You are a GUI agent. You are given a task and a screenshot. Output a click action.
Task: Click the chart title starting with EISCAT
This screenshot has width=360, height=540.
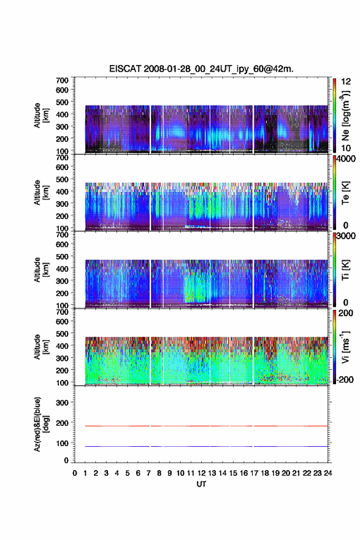[201, 69]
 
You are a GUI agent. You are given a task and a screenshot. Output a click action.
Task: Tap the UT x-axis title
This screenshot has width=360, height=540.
[201, 484]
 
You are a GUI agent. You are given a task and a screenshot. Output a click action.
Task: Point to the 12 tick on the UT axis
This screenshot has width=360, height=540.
[201, 473]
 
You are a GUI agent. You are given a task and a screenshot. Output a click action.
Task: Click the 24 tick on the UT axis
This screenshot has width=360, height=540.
[328, 473]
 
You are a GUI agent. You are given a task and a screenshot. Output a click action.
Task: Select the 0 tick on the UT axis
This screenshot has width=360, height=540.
[75, 473]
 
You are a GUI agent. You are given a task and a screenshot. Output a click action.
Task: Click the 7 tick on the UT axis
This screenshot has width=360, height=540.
[148, 473]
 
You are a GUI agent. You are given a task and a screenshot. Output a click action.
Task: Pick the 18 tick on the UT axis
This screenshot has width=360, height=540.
[265, 473]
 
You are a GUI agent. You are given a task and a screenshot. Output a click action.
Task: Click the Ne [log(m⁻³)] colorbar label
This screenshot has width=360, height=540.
[345, 116]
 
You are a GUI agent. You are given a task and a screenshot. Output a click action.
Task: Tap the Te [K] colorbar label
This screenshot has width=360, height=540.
[345, 193]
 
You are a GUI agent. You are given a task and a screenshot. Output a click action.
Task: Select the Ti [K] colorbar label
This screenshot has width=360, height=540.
[345, 270]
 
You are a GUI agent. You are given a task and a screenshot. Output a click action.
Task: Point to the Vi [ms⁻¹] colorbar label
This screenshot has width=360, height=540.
[345, 347]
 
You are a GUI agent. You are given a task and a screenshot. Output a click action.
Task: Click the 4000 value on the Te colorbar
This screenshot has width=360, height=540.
[346, 159]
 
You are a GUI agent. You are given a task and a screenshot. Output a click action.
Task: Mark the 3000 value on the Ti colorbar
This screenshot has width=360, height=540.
[346, 236]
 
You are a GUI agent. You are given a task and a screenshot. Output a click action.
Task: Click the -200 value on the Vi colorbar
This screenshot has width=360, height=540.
[345, 379]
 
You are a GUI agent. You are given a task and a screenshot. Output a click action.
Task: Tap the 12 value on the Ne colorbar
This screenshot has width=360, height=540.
[346, 82]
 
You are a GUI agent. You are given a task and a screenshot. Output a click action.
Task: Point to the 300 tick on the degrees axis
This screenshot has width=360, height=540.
[62, 403]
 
